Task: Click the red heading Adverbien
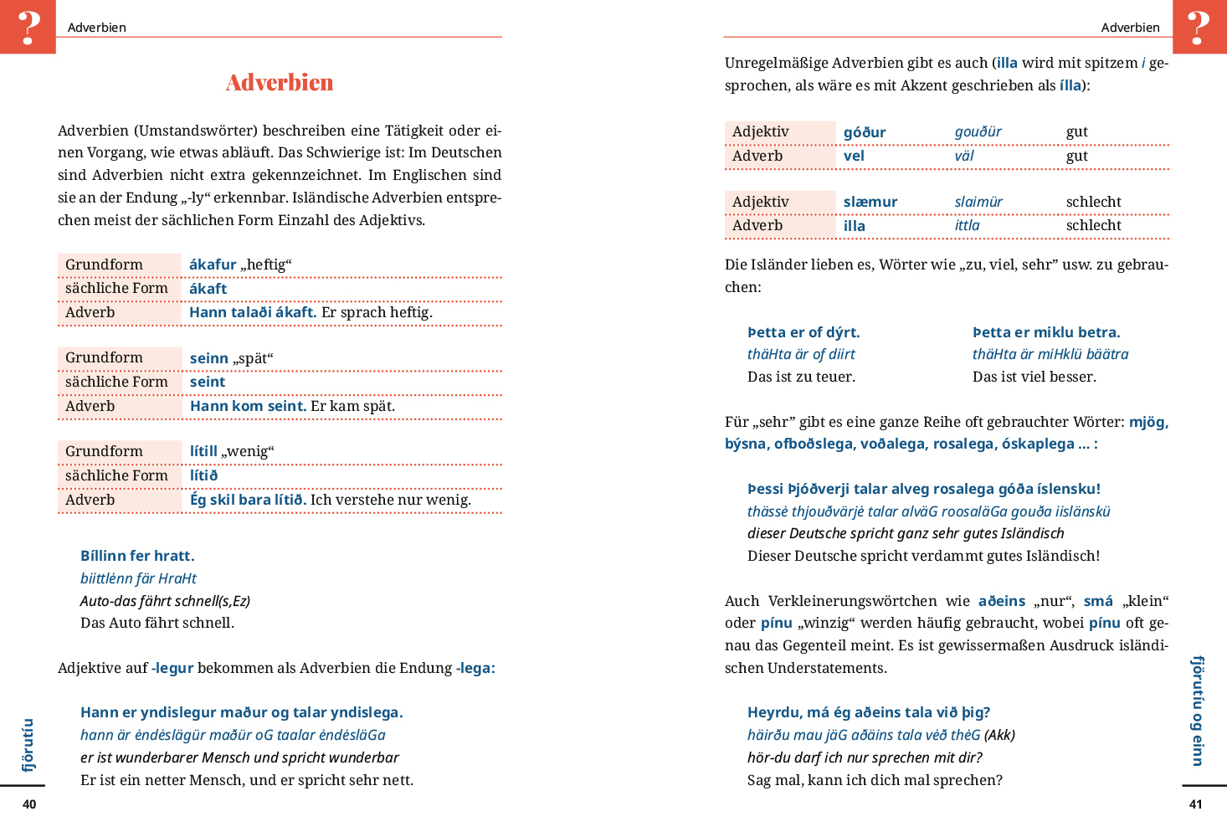click(280, 82)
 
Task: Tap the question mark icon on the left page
click(28, 27)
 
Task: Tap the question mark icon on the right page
click(1199, 27)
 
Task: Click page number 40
click(29, 804)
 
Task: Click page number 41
click(1196, 804)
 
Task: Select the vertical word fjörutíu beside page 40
click(28, 745)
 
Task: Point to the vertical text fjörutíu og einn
click(1198, 711)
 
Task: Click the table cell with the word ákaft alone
click(208, 289)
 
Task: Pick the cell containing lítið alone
click(203, 475)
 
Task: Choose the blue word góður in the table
click(865, 132)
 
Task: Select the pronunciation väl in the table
click(964, 156)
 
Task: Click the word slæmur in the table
click(870, 202)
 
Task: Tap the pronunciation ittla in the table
click(967, 225)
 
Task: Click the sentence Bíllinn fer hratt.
click(137, 556)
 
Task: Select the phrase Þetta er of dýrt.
click(803, 332)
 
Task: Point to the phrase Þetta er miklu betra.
click(1046, 332)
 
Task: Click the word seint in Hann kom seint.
click(286, 406)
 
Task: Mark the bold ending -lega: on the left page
click(475, 668)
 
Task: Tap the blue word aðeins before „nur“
click(1002, 601)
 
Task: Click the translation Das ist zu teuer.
click(801, 377)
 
